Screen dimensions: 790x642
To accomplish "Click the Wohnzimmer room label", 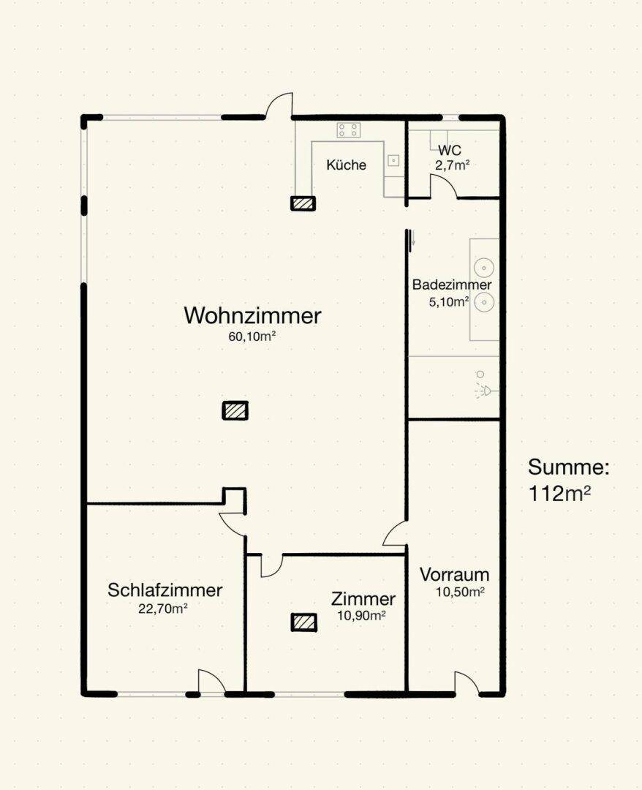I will click(x=252, y=316).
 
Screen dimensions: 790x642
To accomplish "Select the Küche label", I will click(x=346, y=165).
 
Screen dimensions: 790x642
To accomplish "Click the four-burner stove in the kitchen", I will click(x=348, y=130).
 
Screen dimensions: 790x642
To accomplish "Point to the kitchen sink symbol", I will click(x=393, y=160).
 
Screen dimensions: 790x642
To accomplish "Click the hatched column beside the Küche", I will click(x=303, y=203).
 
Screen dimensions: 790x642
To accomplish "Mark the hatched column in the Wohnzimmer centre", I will click(x=235, y=410).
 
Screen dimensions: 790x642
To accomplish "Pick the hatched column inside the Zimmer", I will click(x=304, y=622).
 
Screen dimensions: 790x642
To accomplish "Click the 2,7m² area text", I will click(x=451, y=165).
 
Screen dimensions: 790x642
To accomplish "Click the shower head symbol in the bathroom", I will click(x=483, y=387).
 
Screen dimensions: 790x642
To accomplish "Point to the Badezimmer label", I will click(x=451, y=285).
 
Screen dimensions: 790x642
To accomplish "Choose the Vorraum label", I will click(x=454, y=575).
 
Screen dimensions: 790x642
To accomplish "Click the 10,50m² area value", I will click(x=460, y=592).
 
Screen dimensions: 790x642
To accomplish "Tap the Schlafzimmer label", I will click(x=165, y=590).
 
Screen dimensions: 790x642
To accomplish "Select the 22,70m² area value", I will click(x=163, y=607).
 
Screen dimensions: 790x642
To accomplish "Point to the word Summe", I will click(x=567, y=467).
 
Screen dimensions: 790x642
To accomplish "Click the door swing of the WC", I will click(x=445, y=187).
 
